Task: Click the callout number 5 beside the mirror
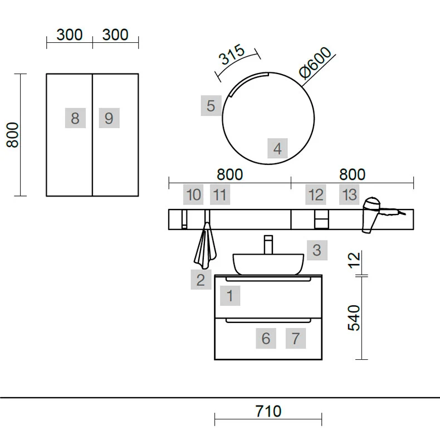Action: point(211,106)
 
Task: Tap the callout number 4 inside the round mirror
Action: point(277,148)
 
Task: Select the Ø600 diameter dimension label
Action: point(315,62)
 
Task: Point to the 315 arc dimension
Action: point(232,55)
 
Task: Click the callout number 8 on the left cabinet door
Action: point(75,118)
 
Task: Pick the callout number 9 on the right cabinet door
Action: point(109,118)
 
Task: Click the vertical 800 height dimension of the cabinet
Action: point(13,135)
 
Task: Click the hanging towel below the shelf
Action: point(206,245)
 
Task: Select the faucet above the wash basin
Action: point(268,245)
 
